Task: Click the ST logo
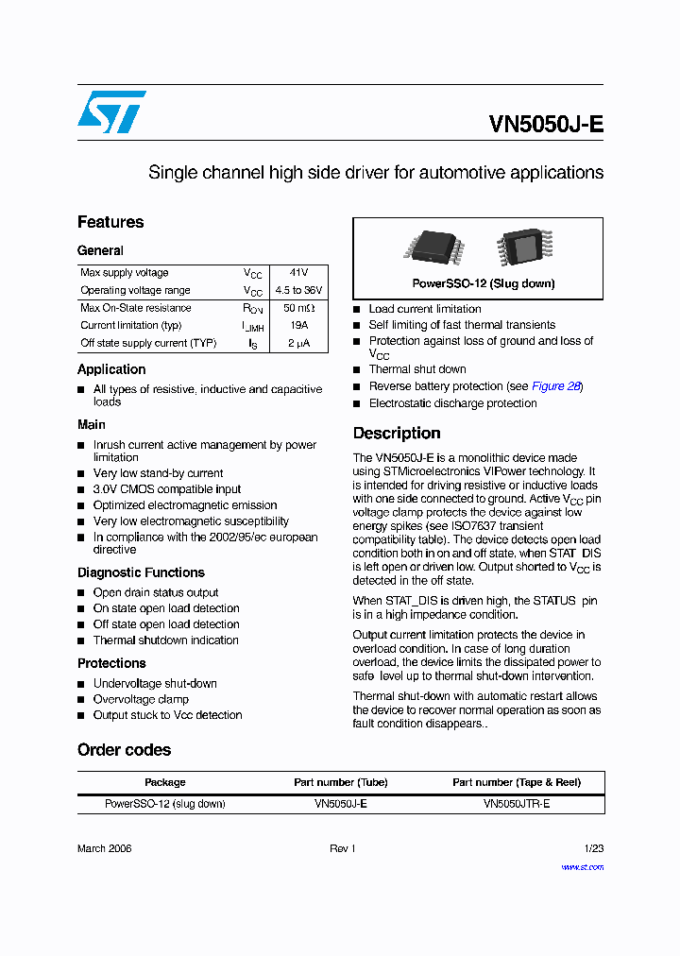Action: (111, 111)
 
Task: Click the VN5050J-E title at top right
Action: (546, 125)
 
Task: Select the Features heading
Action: (110, 222)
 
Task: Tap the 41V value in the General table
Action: (298, 273)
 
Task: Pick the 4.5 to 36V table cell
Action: (298, 291)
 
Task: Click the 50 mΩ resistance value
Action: (298, 308)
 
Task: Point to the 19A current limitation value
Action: (298, 326)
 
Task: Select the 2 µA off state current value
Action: (298, 344)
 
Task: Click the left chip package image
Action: (433, 246)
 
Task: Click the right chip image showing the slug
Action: (520, 248)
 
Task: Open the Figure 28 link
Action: (555, 386)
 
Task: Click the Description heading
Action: (397, 434)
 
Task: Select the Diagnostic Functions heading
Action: (141, 572)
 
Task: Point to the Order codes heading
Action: (124, 750)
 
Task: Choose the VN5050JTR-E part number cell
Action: (516, 804)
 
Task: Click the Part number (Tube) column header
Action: (340, 782)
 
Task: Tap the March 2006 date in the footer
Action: (104, 848)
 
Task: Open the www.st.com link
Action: (582, 867)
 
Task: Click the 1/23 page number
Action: (593, 848)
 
